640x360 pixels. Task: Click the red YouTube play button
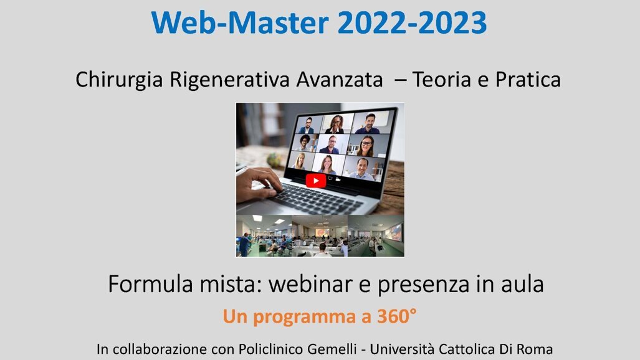pos(315,181)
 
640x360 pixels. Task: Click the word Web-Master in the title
pos(239,23)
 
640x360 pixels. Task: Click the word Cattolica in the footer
pos(471,349)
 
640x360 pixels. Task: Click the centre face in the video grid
pos(329,144)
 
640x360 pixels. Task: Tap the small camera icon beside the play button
pos(339,179)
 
